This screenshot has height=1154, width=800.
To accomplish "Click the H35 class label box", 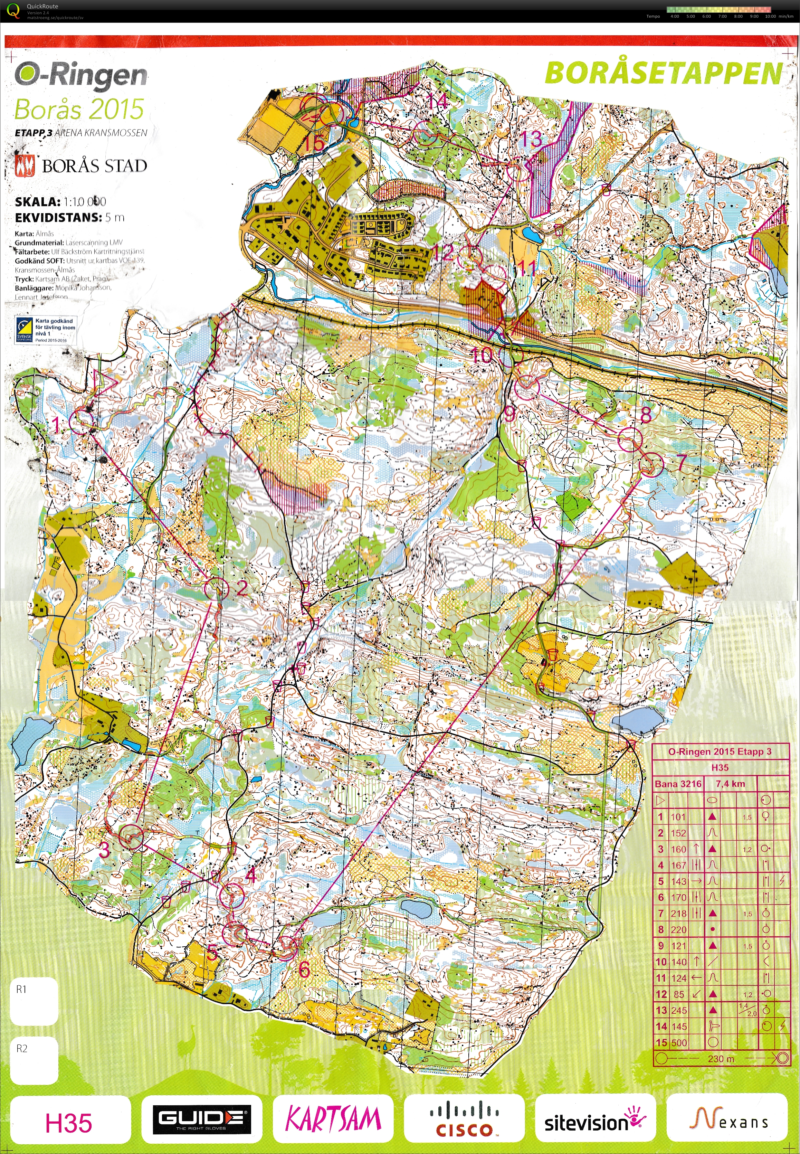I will click(x=69, y=1123).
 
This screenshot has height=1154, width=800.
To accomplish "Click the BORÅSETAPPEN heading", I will click(x=663, y=73).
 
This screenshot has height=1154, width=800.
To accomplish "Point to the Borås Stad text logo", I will click(x=94, y=166).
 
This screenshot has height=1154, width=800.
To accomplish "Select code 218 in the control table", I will click(x=679, y=914).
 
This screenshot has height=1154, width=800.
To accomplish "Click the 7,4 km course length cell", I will click(x=730, y=784).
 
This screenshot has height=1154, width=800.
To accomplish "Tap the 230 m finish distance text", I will click(x=721, y=1058).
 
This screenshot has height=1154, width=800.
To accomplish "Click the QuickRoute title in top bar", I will click(x=42, y=6).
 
